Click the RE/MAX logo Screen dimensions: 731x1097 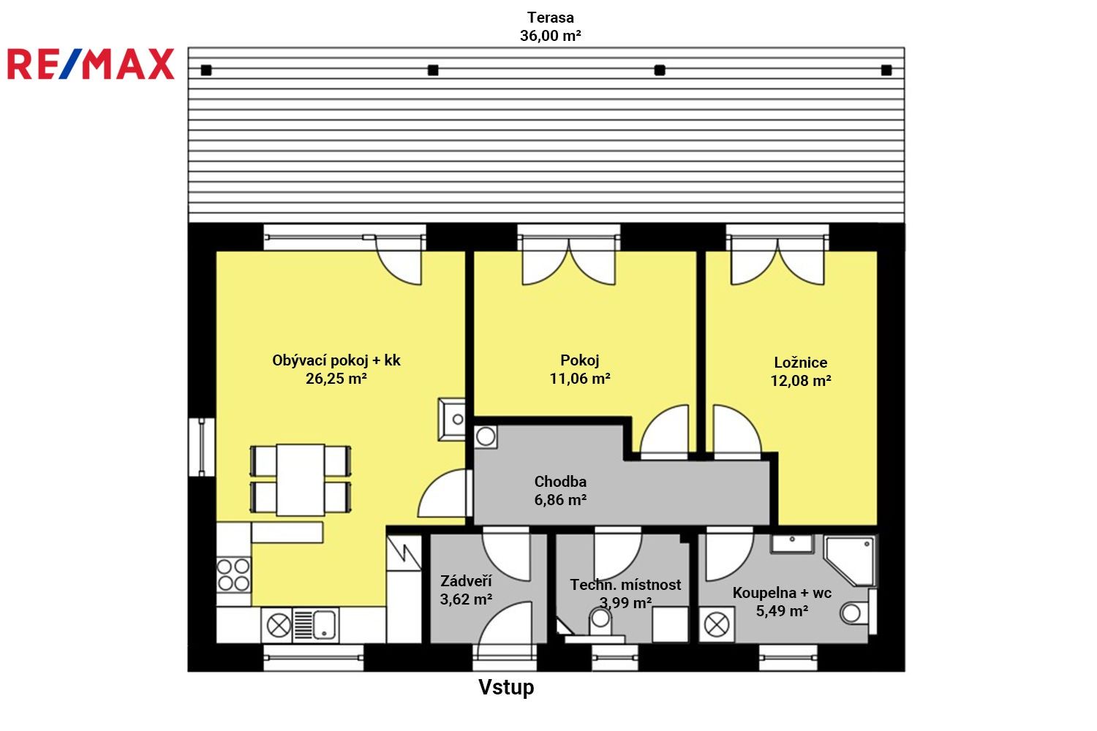coord(91,64)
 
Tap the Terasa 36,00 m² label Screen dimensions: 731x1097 coord(550,26)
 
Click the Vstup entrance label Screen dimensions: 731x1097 coord(506,687)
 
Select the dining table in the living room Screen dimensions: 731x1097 coord(301,480)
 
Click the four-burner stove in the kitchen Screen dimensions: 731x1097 coord(233,575)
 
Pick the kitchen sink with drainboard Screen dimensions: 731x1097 coord(314,626)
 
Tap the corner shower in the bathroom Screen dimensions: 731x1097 coord(851,559)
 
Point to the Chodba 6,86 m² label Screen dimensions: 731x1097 coord(560,491)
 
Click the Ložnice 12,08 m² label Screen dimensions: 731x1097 coord(801,371)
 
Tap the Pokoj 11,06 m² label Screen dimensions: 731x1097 coord(580,369)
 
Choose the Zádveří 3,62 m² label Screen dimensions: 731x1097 coord(466,590)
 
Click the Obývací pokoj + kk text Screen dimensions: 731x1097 coord(336,360)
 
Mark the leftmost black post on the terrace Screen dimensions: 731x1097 coord(206,70)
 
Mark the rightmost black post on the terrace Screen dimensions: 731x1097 coord(886,70)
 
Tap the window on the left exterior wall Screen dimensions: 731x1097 coord(201,447)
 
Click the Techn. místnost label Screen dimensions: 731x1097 coord(625,585)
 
